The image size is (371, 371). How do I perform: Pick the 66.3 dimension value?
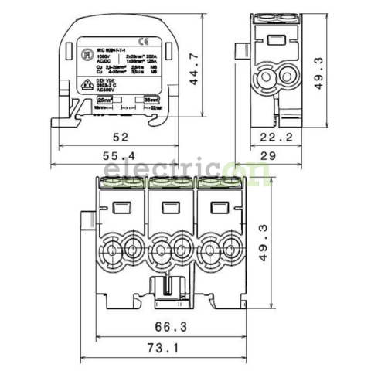pos(172,327)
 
